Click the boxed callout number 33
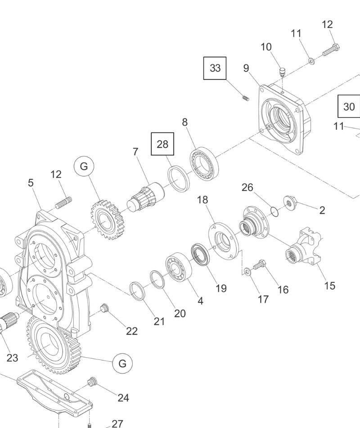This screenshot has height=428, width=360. tap(215, 68)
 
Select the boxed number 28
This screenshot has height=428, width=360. tap(162, 144)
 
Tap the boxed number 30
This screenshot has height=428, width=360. tap(349, 107)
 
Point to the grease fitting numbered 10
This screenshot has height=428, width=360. tap(282, 72)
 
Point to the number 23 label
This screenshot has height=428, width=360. tap(12, 358)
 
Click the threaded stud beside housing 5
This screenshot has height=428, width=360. tap(63, 203)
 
